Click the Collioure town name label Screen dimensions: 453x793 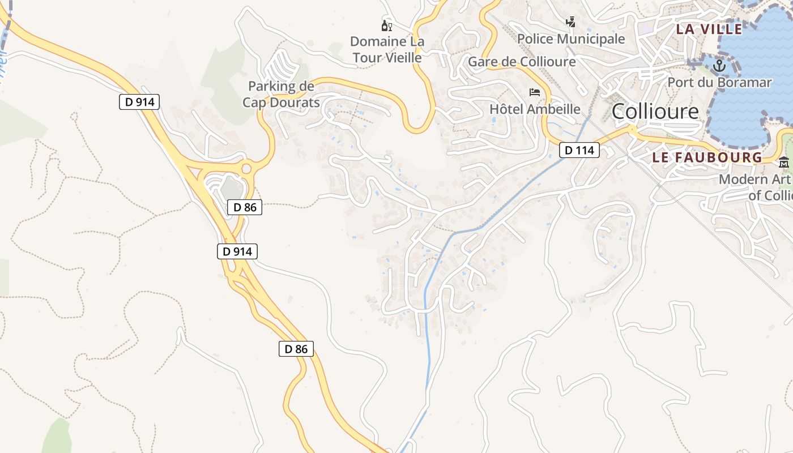(x=655, y=112)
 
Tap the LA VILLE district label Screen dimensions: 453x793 (x=709, y=29)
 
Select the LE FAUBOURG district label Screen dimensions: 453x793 (x=707, y=157)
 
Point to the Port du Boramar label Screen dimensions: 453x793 (x=719, y=82)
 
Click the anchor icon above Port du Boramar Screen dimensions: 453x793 (x=719, y=66)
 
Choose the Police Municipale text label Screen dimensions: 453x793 (x=571, y=39)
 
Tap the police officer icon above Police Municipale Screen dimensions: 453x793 (x=571, y=22)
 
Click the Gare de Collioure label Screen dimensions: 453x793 (x=521, y=61)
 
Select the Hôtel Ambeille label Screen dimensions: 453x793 (x=535, y=109)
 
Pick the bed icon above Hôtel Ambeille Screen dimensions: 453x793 (x=535, y=92)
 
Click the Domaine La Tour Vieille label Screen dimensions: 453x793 (x=387, y=49)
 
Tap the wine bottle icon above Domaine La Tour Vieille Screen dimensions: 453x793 (x=387, y=25)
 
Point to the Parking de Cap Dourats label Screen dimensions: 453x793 (x=281, y=94)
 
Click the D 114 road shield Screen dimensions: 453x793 (x=579, y=150)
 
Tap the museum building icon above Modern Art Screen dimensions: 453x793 (x=784, y=163)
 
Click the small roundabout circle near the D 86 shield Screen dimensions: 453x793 (x=246, y=168)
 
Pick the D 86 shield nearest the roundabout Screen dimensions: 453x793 (x=245, y=207)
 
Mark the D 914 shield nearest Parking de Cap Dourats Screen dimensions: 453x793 (x=139, y=102)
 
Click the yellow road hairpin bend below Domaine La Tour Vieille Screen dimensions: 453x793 (x=418, y=128)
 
